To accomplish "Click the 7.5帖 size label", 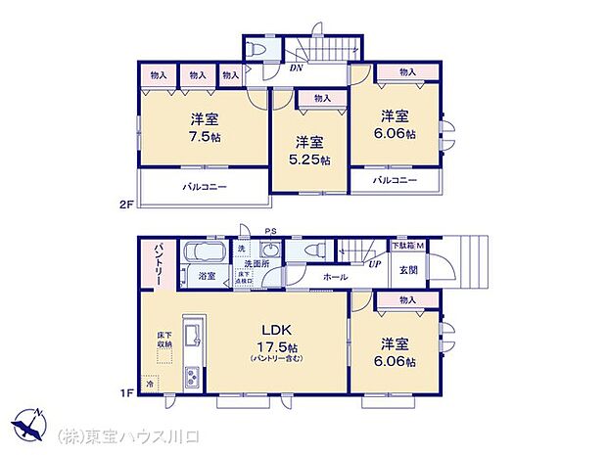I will click(x=205, y=137).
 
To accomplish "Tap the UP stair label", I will click(x=374, y=263).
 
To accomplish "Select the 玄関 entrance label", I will click(x=408, y=270).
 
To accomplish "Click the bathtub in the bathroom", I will click(x=204, y=251).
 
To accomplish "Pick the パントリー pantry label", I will click(x=157, y=266).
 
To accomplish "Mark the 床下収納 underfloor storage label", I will click(x=165, y=340).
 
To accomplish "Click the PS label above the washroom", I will click(x=269, y=232).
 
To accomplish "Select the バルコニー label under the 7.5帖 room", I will click(x=205, y=186).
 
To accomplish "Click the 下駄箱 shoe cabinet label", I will click(x=401, y=244).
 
